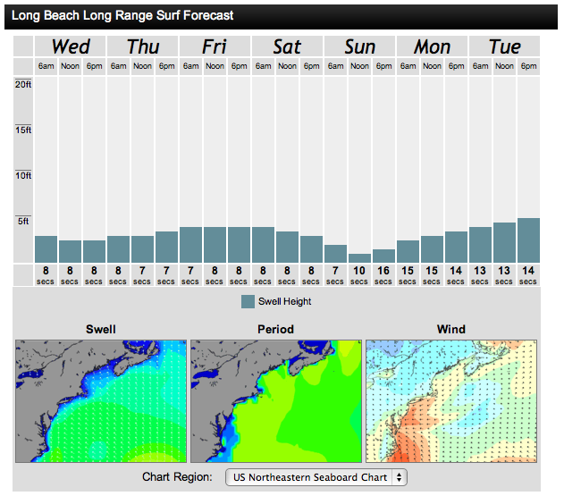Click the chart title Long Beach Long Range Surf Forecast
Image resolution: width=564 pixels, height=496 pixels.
[122, 15]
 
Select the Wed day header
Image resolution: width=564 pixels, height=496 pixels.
[71, 46]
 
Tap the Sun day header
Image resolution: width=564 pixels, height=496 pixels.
[359, 46]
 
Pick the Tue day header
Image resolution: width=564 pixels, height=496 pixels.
[504, 46]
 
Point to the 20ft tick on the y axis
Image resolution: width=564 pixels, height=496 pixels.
[23, 84]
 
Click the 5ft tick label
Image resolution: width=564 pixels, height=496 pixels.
[24, 221]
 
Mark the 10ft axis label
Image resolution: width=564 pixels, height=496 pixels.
[23, 175]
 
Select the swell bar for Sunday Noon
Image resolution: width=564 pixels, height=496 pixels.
[359, 257]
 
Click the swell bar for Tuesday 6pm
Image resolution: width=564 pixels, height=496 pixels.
[528, 240]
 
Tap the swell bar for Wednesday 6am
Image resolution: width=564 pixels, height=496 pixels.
[46, 248]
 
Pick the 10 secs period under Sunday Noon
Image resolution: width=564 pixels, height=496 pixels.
[359, 273]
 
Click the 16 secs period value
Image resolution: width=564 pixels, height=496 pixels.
[383, 273]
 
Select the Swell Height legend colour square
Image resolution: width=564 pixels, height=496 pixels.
[248, 301]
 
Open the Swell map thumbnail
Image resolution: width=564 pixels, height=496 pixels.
[101, 400]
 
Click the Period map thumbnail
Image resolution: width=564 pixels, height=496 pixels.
[276, 400]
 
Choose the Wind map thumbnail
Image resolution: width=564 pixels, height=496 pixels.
[451, 400]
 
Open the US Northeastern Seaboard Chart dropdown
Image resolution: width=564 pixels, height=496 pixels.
[316, 477]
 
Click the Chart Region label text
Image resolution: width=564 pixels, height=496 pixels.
[177, 477]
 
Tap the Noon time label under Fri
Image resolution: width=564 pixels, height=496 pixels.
[215, 66]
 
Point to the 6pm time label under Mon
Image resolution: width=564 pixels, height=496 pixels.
[456, 66]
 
